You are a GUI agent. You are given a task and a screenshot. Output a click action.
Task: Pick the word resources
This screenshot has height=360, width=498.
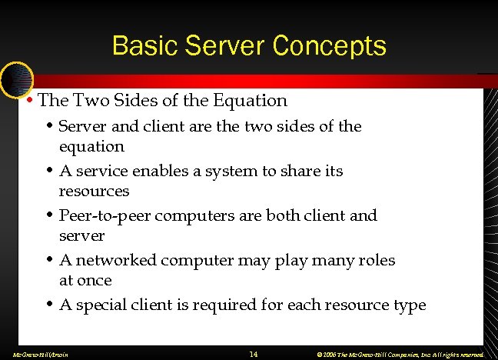[x=94, y=191]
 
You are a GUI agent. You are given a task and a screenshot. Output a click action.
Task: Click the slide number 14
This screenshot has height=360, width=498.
[x=254, y=354]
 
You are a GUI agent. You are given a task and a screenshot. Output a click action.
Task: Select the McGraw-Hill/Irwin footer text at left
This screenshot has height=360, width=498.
[x=36, y=355]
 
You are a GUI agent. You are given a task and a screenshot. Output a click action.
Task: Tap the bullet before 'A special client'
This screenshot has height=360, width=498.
[x=50, y=305]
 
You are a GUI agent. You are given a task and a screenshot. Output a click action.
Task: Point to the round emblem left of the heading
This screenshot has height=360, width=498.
[x=16, y=79]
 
